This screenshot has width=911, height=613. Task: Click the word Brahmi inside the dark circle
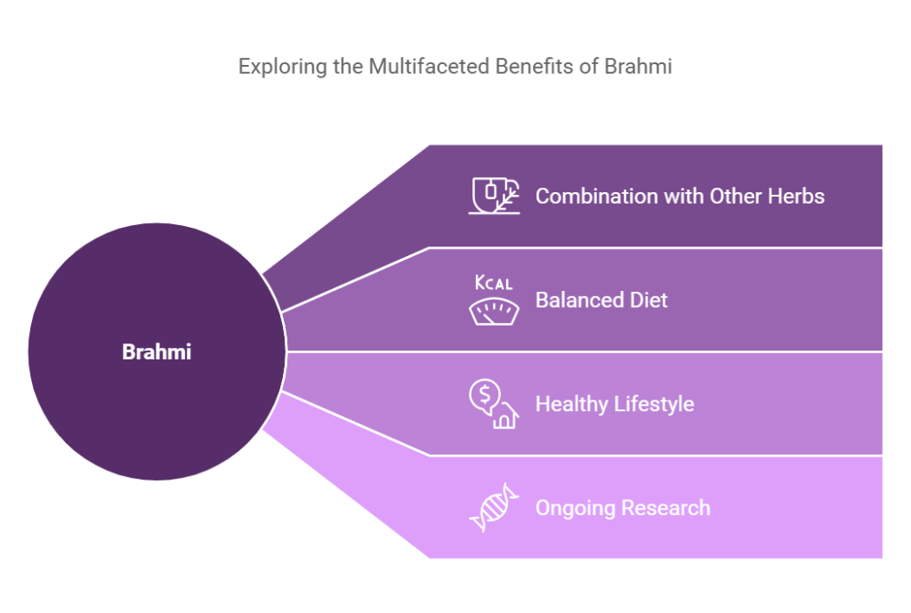(157, 351)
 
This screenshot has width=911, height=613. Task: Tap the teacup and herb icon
(494, 196)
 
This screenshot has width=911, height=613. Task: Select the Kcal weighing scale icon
(494, 300)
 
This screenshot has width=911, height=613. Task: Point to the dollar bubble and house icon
(494, 404)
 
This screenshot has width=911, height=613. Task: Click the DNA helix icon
(494, 508)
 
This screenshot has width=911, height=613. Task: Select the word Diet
(649, 301)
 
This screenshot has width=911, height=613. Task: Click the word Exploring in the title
(283, 67)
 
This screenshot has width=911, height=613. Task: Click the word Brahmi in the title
(638, 66)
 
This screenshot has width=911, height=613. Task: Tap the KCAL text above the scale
(494, 282)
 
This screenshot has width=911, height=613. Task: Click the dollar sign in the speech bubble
(485, 395)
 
